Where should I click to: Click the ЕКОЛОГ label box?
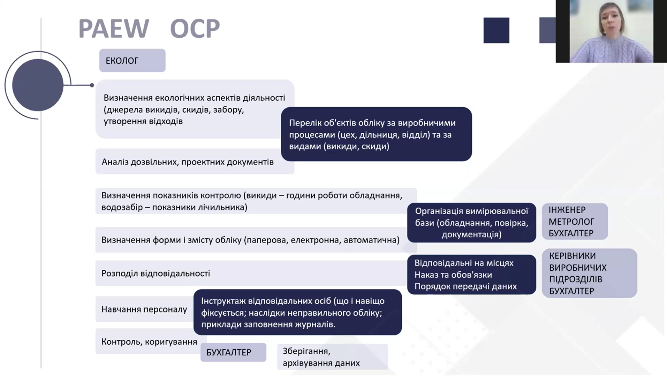pos(132,61)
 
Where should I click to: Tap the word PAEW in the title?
pos(114,29)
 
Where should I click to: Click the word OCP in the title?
pos(195,29)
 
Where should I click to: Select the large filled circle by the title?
pos(38,85)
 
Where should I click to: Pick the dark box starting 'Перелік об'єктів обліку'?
pos(376,134)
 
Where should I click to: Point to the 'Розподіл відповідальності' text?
pos(156,274)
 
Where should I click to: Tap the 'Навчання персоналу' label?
pos(144,309)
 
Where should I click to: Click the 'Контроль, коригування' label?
pos(149,342)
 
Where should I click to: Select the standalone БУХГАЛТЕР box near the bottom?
pos(233,352)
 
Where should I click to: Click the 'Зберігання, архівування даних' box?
pos(332,357)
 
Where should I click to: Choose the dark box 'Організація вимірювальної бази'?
pos(471,223)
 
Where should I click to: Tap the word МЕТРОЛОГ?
pos(571,222)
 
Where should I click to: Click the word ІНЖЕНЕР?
pos(567,210)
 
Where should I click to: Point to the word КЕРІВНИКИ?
pos(573,256)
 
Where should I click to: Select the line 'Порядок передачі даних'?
pos(465,286)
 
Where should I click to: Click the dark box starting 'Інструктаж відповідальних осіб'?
pos(297,313)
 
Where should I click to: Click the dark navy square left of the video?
pos(496,30)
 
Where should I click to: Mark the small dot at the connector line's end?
pos(92,85)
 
